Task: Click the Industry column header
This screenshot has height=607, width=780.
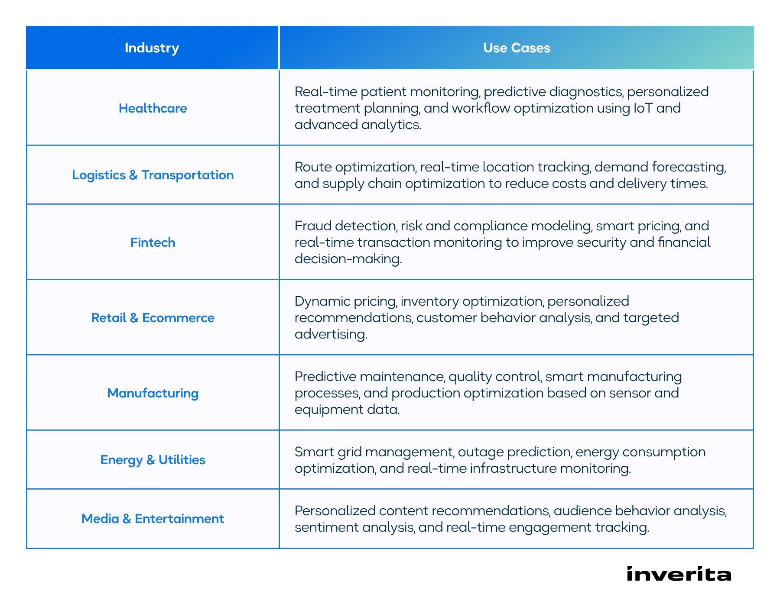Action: coord(152,48)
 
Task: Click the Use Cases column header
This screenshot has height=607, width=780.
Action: coord(517,48)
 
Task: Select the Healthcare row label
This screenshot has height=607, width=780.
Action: coord(153,108)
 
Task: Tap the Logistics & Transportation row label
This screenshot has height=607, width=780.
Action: coord(153,175)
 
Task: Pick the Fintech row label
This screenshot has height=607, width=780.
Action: coord(153,242)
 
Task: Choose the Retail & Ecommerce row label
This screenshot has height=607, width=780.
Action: coord(153,318)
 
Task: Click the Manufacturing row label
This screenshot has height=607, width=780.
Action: coord(153,393)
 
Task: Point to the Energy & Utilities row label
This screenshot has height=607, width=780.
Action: coord(153,460)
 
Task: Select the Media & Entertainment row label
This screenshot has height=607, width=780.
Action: coord(153,519)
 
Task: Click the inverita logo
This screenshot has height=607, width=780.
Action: coord(679,574)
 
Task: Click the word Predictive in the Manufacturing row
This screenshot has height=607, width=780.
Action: coord(325,376)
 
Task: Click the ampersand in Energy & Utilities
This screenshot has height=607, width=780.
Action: coord(150,460)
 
